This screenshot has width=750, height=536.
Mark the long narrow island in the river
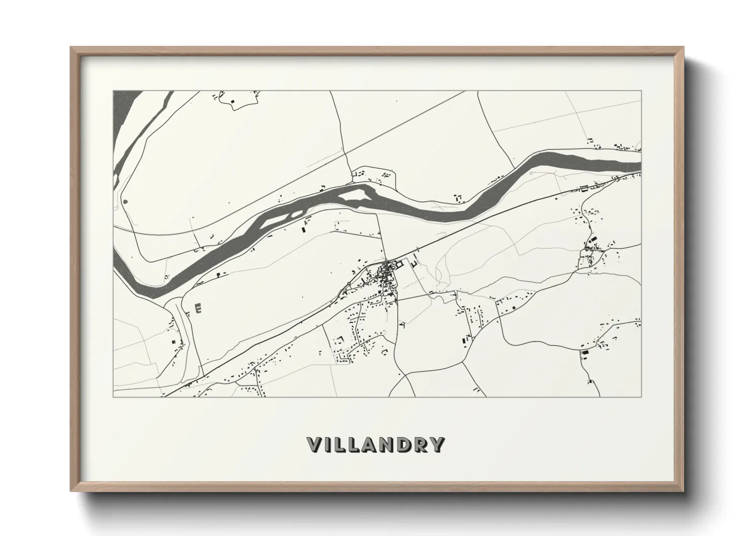coord(276,220)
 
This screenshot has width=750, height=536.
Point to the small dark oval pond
coord(125,202)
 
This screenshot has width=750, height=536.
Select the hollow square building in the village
coord(399,263)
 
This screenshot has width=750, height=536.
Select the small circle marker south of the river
coord(531,173)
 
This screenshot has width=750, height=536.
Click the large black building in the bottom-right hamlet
coord(585,352)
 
